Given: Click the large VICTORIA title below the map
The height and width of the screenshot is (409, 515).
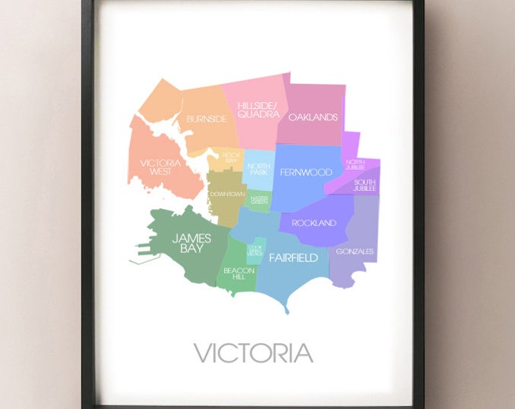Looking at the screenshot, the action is pyautogui.click(x=253, y=352).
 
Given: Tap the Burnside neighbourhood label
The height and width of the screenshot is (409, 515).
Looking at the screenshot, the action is pyautogui.click(x=206, y=119).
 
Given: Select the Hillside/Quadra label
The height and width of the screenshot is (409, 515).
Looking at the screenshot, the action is pyautogui.click(x=253, y=110).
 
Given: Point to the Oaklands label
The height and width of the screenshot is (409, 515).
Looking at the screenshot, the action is pyautogui.click(x=312, y=117).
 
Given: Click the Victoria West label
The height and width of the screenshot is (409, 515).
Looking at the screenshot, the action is pyautogui.click(x=160, y=167).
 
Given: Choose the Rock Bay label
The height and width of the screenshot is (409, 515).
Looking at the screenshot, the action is pyautogui.click(x=230, y=158).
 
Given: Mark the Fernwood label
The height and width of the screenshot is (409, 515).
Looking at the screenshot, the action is pyautogui.click(x=305, y=172).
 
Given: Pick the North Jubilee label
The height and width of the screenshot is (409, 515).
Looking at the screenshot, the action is pyautogui.click(x=354, y=164).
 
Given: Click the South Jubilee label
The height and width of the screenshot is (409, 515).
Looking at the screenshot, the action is pyautogui.click(x=364, y=185).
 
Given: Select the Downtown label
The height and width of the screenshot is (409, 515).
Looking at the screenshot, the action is pyautogui.click(x=227, y=194).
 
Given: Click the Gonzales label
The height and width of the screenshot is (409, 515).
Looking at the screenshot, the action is pyautogui.click(x=355, y=251).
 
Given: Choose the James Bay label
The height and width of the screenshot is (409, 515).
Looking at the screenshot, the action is pyautogui.click(x=191, y=242).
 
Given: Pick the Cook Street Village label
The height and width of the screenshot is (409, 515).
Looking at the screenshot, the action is pyautogui.click(x=254, y=251).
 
